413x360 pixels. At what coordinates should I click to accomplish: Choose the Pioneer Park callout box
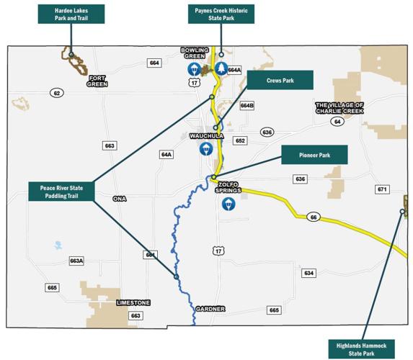tap(314, 155)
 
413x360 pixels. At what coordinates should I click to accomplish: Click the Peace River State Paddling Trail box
tap(62, 191)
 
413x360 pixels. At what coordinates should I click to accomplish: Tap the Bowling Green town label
tap(194, 53)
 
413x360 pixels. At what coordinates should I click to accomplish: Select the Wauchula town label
tap(207, 136)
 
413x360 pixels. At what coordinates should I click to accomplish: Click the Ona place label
tap(120, 197)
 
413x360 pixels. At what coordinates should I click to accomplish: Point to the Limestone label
tap(133, 304)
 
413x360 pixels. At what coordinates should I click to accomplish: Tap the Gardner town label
tap(210, 309)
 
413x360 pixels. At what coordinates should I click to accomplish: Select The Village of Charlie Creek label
tap(339, 108)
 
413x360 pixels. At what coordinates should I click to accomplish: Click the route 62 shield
tap(57, 93)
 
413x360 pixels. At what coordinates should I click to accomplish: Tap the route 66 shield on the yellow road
tap(312, 217)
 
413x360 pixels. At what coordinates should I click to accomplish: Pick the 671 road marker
tap(382, 189)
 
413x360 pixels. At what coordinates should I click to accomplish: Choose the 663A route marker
tap(76, 261)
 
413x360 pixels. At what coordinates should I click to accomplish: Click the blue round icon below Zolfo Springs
tap(228, 204)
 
